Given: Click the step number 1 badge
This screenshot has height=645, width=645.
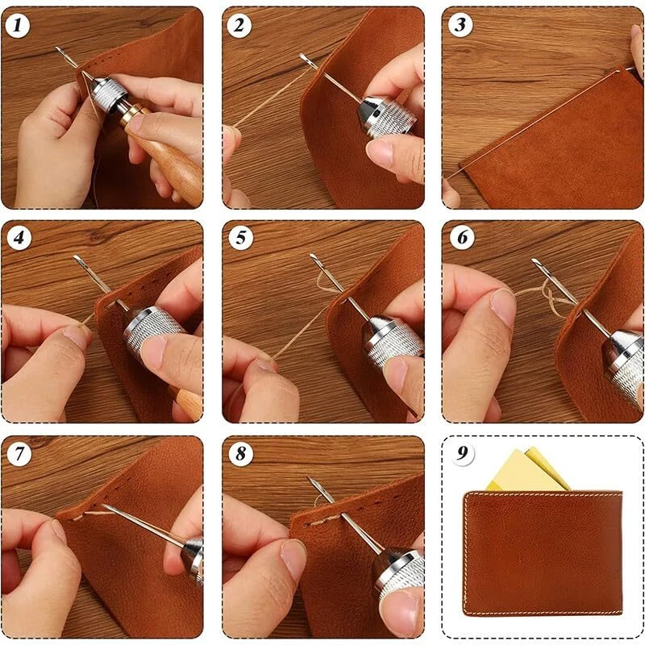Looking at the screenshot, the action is (x=18, y=26).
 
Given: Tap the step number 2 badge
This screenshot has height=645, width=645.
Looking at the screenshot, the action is (x=239, y=26).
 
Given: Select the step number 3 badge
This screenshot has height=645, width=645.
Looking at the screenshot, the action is (x=460, y=25).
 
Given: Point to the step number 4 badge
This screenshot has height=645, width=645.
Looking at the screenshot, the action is (x=19, y=238).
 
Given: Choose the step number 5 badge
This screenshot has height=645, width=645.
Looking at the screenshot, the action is (x=240, y=238).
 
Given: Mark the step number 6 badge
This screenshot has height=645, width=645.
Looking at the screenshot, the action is (x=462, y=237).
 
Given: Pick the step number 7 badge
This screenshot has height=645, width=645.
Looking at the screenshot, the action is (x=19, y=454).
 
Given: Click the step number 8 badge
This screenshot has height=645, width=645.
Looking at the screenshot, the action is (x=240, y=454).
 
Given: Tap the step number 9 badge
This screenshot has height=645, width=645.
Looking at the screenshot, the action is (x=463, y=453).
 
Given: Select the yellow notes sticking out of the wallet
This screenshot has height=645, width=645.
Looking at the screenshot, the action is (x=528, y=470).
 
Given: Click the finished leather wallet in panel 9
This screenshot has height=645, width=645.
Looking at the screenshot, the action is (x=543, y=553).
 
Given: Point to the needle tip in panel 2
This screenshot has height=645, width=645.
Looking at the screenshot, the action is (x=302, y=56).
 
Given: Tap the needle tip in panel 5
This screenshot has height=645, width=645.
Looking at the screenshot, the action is (x=312, y=256).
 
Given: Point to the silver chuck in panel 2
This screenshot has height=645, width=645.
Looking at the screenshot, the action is (x=385, y=116).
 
